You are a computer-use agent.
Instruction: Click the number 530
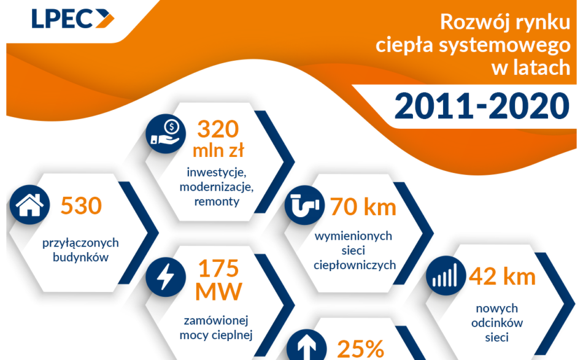tap(81, 206)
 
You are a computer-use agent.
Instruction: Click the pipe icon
tap(304, 206)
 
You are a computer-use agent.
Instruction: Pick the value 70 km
tap(363, 207)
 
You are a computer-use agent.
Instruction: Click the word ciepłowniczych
tap(354, 266)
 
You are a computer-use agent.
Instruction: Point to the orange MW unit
tap(218, 293)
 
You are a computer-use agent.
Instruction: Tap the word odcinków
tap(497, 323)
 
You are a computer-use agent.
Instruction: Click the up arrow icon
tap(304, 347)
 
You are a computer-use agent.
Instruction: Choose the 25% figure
tap(361, 349)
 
